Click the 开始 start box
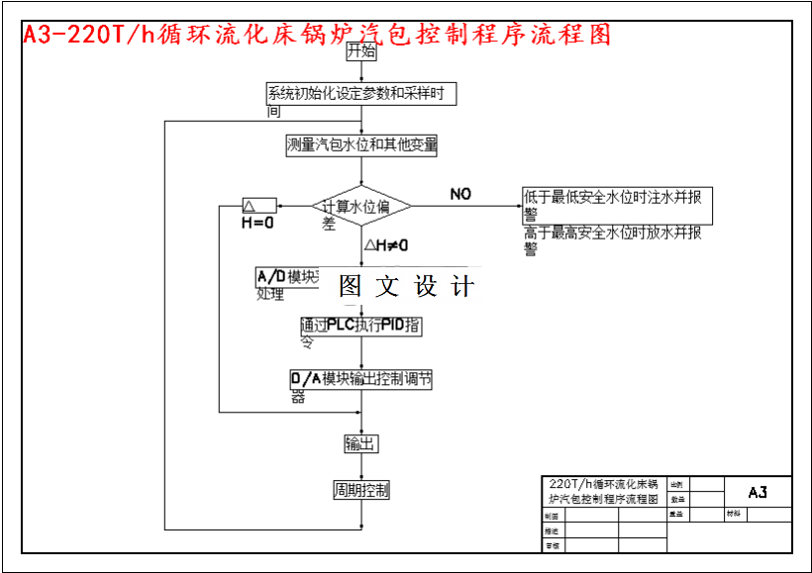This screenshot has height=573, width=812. (x=361, y=51)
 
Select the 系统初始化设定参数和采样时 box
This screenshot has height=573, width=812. (x=361, y=94)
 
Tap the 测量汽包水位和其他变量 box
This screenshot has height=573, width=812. (x=361, y=144)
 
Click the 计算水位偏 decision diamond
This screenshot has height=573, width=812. (x=361, y=207)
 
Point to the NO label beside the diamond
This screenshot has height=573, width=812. (x=460, y=193)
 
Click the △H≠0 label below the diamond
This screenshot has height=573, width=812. (x=386, y=244)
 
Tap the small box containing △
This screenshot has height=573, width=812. (x=259, y=206)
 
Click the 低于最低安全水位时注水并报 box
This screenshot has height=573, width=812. (x=618, y=198)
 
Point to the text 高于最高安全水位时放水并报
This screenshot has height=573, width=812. (x=613, y=234)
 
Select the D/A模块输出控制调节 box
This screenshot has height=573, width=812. (x=361, y=379)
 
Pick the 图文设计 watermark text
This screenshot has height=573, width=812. (x=406, y=287)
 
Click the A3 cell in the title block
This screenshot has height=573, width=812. (x=758, y=492)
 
